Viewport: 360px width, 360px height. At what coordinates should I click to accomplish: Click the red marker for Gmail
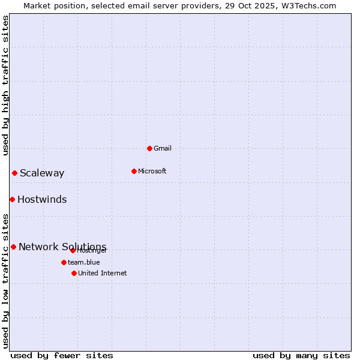(x=149, y=148)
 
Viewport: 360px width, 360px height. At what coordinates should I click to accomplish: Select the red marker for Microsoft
(x=134, y=171)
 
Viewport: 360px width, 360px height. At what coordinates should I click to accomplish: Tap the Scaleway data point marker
(x=14, y=173)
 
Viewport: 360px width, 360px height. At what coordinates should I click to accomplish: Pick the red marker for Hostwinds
(x=12, y=199)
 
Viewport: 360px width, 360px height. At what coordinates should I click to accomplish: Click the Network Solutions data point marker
(x=13, y=247)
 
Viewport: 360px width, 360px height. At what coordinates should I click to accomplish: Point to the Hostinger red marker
(x=73, y=250)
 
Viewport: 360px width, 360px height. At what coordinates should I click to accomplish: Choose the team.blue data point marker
(x=64, y=262)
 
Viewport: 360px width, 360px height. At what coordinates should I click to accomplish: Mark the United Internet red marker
(x=74, y=273)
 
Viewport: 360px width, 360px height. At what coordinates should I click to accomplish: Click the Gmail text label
(x=162, y=148)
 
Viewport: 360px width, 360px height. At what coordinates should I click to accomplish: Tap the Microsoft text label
(x=152, y=171)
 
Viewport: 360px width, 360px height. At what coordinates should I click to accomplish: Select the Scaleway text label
(x=42, y=173)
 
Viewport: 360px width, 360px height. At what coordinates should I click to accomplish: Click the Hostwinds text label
(x=42, y=200)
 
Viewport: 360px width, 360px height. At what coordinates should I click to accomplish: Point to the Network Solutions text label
(x=62, y=247)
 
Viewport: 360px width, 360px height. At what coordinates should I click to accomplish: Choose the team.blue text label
(x=83, y=262)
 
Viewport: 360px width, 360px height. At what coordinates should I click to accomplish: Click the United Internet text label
(x=102, y=273)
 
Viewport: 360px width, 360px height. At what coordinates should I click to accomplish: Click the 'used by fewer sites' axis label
(x=62, y=355)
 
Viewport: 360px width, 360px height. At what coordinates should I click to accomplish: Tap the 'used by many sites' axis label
(x=301, y=355)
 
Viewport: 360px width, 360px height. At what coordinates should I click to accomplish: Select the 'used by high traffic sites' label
(x=5, y=85)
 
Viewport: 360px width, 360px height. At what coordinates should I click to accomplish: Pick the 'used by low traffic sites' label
(x=5, y=280)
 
